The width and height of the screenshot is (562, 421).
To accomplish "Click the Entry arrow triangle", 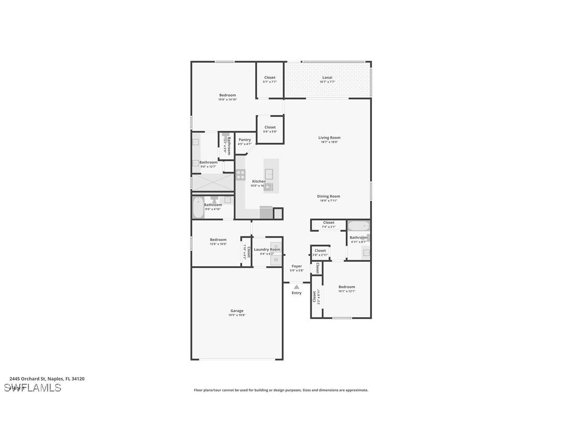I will coord(296,287).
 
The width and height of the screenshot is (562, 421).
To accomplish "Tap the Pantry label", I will coord(244,140).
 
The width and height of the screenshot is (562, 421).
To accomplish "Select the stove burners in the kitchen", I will coord(241,175).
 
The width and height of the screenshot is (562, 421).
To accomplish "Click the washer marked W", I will coord(276,260).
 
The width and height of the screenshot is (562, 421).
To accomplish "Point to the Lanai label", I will coord(327,78).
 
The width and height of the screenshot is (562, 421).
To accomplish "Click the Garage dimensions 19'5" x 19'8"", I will coord(236,315).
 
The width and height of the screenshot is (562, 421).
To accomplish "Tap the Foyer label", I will coord(297,266).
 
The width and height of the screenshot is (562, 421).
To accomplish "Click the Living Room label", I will coord(329,138).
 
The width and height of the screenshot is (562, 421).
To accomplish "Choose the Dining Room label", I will coord(329,197).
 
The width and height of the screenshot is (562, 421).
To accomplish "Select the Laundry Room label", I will coord(267,249).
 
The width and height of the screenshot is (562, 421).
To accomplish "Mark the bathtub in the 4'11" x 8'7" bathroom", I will coord(358,226).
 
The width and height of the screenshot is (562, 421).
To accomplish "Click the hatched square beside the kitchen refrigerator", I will coord(278,213).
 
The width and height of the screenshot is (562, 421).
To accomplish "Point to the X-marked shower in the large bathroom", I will coord(213,182).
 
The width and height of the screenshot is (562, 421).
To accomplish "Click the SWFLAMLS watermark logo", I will coord(33,388).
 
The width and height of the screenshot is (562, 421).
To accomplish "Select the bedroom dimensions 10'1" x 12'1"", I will coord(347,291).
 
